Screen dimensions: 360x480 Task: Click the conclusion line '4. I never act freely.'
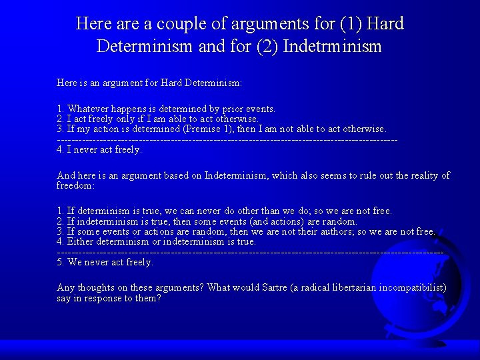99,149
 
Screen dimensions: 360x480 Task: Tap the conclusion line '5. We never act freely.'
105,262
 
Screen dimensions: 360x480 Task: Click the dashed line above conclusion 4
227,139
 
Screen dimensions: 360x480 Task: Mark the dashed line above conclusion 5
250,252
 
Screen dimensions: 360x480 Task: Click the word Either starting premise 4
80,241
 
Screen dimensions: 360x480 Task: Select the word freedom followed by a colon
75,185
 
